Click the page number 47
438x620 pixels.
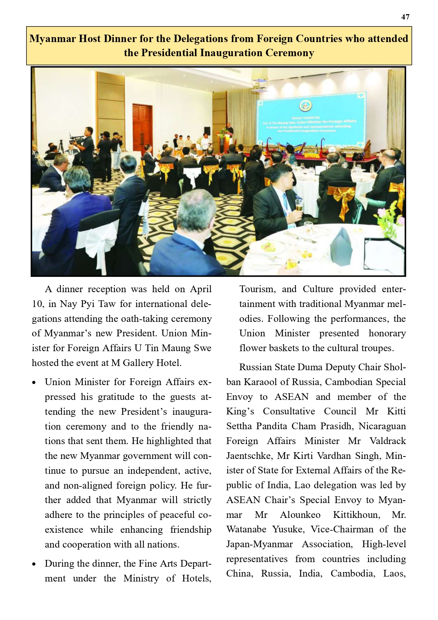click(x=405, y=17)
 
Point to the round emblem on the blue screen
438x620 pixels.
click(x=305, y=106)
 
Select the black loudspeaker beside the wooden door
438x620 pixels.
click(x=207, y=131)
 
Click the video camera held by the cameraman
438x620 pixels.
click(x=77, y=139)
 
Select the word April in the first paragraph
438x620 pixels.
click(x=200, y=289)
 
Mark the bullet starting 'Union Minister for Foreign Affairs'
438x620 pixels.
click(x=34, y=383)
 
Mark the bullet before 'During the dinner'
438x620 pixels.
click(x=34, y=564)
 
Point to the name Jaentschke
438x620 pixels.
click(x=249, y=456)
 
